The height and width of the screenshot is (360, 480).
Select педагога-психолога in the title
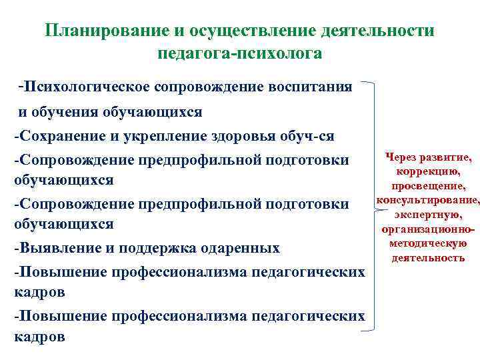click(x=240, y=53)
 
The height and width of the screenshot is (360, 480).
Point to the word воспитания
click(x=307, y=87)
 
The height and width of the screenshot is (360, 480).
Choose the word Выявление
click(x=57, y=249)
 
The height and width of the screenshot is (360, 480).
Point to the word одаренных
click(x=240, y=249)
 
